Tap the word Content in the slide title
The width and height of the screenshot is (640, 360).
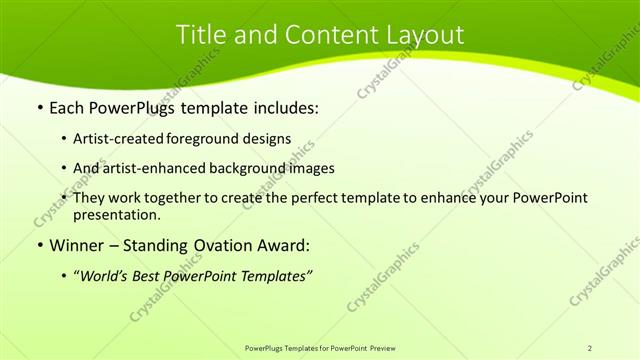point(320,34)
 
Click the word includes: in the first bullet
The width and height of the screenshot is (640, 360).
point(283,105)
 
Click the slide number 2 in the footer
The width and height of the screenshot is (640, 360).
point(590,348)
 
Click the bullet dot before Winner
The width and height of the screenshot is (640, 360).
point(39,245)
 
